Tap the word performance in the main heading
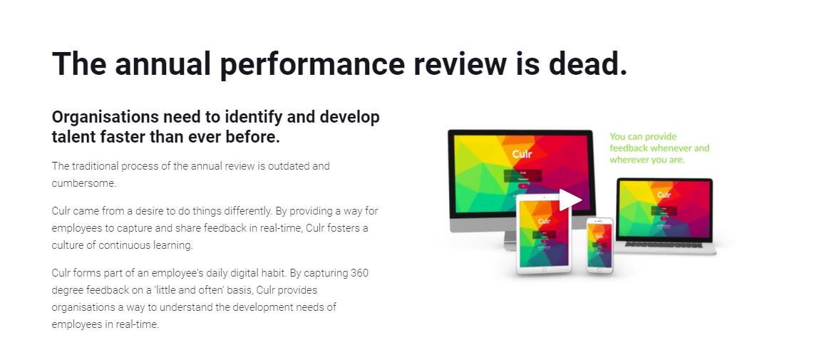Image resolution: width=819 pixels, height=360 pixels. (x=312, y=63)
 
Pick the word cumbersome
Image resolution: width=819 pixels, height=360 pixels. (x=83, y=183)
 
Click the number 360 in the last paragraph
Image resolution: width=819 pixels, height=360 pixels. (x=359, y=273)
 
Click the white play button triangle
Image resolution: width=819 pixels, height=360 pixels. (x=569, y=200)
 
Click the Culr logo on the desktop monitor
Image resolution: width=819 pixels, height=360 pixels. (x=522, y=154)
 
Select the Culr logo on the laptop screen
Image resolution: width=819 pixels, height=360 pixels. (x=664, y=194)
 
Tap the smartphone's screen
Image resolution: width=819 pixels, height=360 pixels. (x=599, y=244)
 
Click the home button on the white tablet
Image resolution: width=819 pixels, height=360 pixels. (x=543, y=269)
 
